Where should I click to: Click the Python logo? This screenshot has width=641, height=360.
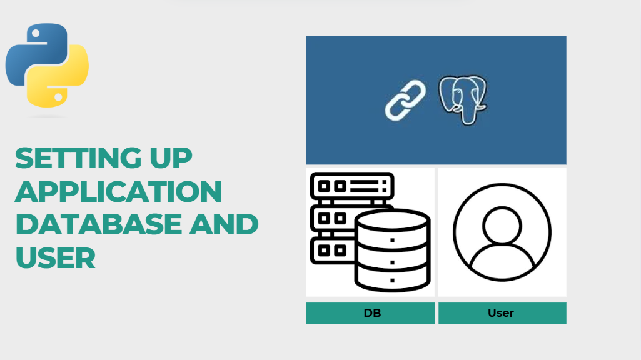click(47, 65)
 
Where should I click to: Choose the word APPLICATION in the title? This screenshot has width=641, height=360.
click(118, 191)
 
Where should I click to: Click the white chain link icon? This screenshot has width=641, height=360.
click(405, 99)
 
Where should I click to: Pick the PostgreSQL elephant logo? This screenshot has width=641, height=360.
click(463, 99)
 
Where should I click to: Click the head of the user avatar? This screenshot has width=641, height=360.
click(502, 222)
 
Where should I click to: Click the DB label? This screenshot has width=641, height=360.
click(372, 313)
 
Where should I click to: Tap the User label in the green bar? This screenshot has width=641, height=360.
click(501, 313)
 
